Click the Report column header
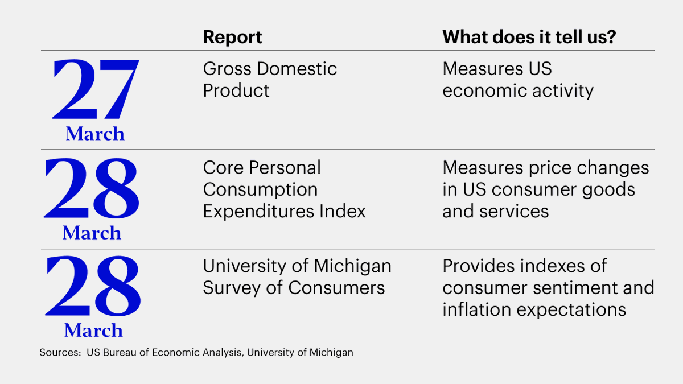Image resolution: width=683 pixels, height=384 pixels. (x=232, y=38)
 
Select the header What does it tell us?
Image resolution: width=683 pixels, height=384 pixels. (x=530, y=38)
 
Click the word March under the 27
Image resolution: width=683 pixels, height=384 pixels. (x=94, y=134)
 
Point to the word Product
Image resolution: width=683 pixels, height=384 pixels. (x=236, y=91)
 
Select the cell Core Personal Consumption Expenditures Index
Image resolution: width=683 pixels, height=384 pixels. (x=284, y=189)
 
